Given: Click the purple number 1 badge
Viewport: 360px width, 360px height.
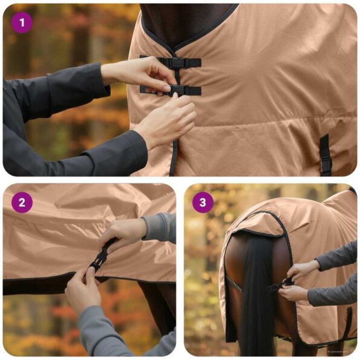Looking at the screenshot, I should (22, 22).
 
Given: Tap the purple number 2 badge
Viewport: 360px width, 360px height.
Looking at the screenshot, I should (22, 203).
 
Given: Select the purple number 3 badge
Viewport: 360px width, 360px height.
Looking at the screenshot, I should (203, 203).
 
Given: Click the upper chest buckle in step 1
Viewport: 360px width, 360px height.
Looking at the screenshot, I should (177, 62).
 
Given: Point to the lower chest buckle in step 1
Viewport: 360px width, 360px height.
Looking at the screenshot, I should (176, 90).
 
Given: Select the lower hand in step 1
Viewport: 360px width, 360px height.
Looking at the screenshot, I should (166, 121).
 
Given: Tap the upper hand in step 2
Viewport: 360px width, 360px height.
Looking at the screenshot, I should (124, 233).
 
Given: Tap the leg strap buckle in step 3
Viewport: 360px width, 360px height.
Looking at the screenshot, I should (284, 283).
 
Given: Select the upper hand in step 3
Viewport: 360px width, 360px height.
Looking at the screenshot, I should (303, 269).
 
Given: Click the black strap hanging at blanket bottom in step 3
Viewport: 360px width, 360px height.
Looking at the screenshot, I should (349, 324).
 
